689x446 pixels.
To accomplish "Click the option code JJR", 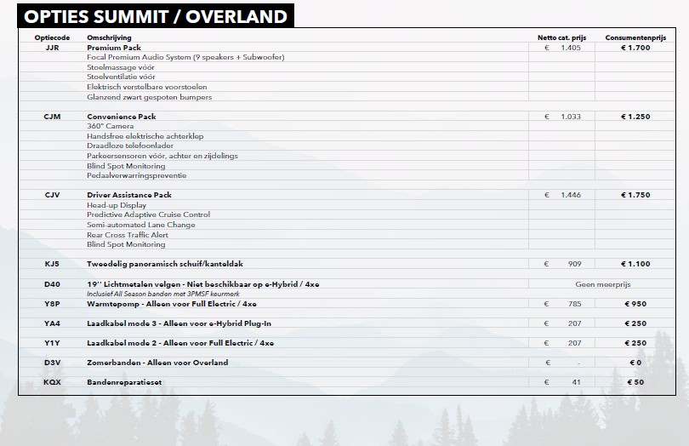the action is point(52,48).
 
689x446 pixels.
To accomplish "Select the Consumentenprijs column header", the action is point(635,37).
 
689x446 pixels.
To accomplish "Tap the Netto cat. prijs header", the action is point(561,37).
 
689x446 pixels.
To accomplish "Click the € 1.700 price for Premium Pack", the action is point(635,48).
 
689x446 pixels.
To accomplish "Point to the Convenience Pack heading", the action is point(122,117).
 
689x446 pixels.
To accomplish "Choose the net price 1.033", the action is point(571,117).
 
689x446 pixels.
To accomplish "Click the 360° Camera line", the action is point(110,126).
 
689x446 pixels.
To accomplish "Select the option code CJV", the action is point(52,195).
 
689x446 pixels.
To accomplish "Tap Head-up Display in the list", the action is point(117,205).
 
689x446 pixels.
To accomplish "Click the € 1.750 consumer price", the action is point(635,195).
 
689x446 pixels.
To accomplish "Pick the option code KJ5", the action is point(52,264).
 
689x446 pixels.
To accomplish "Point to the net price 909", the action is point(574,264).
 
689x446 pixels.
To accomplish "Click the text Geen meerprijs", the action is point(603,284).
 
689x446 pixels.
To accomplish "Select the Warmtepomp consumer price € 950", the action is point(635,304).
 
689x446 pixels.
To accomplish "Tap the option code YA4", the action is point(52,323).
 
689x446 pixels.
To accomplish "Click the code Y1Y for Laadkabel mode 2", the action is point(52,343).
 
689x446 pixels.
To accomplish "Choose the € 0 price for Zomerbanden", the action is point(635,363).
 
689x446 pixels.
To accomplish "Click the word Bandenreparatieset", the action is point(124,382).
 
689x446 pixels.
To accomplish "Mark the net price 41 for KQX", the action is point(576,382).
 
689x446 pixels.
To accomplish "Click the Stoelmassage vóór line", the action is point(121,67).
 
